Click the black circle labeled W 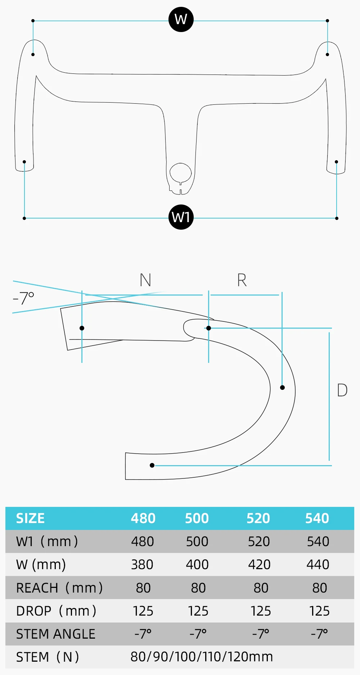[181, 19]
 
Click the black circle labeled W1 [181, 217]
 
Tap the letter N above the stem [145, 280]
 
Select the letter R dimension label [242, 280]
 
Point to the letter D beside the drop [342, 390]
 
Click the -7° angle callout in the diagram [23, 298]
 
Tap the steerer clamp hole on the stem [180, 173]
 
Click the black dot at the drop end [152, 465]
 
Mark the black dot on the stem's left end [82, 328]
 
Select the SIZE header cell [30, 518]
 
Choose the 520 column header [258, 518]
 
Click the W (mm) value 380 [142, 564]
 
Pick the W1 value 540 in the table [318, 541]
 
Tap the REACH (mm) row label [59, 588]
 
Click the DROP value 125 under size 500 [198, 611]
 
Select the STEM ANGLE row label [56, 634]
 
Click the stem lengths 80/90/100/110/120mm [202, 657]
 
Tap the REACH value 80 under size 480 [143, 588]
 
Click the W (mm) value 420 [259, 564]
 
